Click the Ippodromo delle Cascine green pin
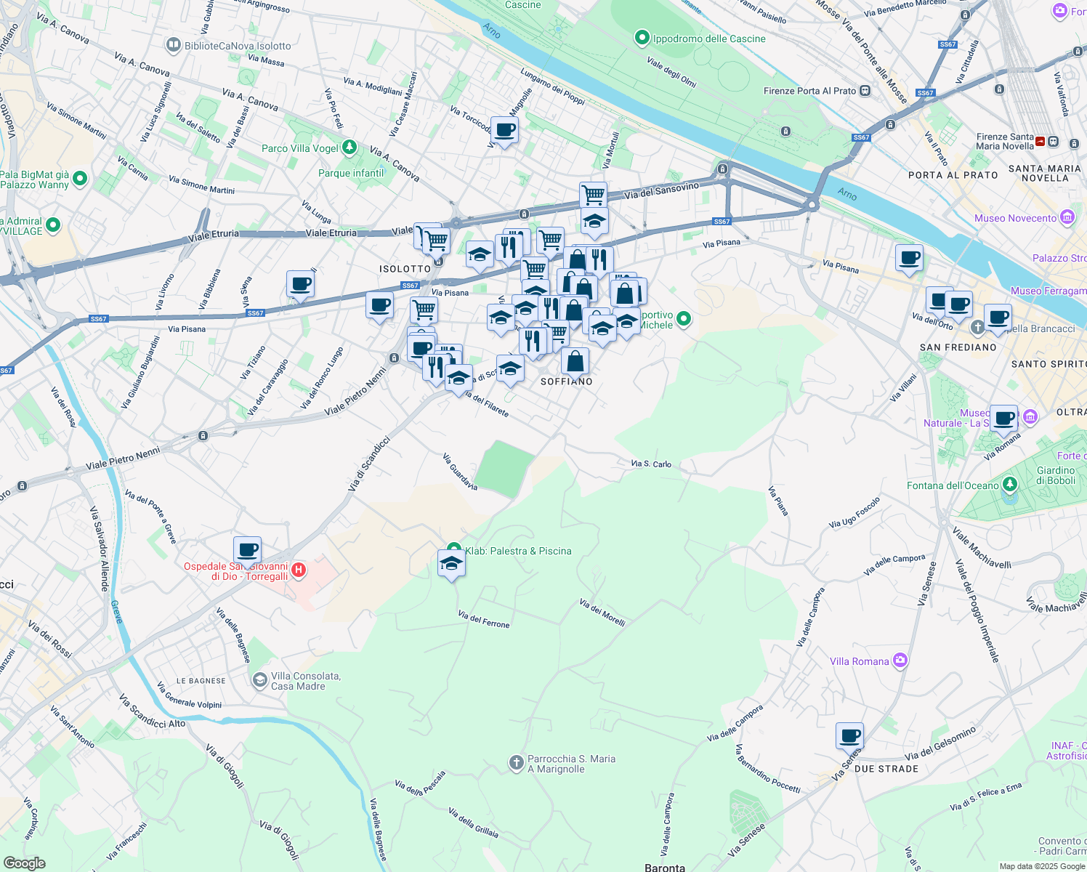(642, 38)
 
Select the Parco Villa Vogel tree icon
(349, 148)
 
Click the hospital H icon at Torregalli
(299, 570)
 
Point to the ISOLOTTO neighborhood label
(405, 269)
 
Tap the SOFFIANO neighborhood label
(567, 381)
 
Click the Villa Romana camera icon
(901, 660)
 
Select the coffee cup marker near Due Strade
(849, 736)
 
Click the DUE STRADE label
(886, 769)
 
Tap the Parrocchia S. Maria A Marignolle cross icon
(516, 763)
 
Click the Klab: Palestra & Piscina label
(518, 551)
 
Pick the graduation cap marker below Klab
(451, 564)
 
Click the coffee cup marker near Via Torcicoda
(504, 131)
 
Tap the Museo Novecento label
(1015, 218)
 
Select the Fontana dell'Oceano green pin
(1010, 484)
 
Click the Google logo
(24, 863)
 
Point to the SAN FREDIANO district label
(958, 347)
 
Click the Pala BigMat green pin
(80, 178)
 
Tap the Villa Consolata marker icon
(259, 679)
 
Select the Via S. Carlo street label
(651, 464)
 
